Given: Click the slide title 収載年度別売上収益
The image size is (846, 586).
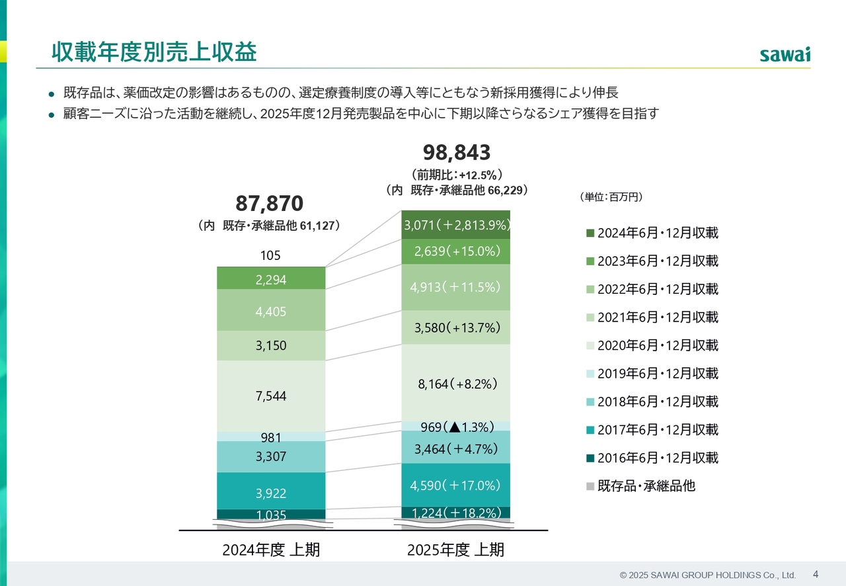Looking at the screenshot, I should tap(154, 52).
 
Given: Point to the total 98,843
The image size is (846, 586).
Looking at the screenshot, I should tap(456, 153).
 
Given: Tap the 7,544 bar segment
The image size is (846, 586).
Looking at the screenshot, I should tap(271, 396).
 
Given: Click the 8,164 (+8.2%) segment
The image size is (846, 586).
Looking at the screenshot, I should tap(457, 383).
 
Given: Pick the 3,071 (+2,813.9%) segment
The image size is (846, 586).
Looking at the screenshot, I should tap(457, 226).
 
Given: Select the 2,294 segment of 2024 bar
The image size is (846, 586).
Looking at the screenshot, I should tap(271, 279).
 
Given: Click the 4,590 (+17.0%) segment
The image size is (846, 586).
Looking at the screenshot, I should tap(457, 485).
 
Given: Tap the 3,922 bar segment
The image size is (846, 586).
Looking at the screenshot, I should tap(271, 492).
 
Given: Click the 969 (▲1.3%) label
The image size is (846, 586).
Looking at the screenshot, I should tap(457, 427).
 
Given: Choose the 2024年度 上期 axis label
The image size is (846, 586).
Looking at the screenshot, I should tap(271, 550).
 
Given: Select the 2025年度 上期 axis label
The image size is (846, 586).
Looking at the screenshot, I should tap(456, 550).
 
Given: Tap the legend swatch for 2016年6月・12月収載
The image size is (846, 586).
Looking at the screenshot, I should tap(590, 458).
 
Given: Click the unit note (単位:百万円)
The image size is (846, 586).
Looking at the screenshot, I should tap(611, 196).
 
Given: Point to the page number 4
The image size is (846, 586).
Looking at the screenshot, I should tap(815, 574).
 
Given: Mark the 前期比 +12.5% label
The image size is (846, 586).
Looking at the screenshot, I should tap(457, 175).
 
